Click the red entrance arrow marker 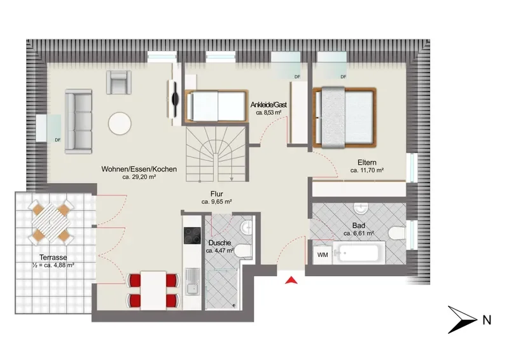(291, 280)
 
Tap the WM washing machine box (323, 255)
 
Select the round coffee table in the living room (120, 123)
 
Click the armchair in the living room (119, 82)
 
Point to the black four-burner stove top (192, 235)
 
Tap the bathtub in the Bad (358, 253)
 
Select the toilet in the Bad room (396, 233)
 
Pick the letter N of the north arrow (487, 320)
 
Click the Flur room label (216, 194)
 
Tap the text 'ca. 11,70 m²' (367, 170)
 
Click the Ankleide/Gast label (268, 105)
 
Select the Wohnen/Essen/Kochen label (139, 169)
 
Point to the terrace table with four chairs (51, 221)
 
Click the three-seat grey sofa (78, 121)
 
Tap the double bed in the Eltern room (344, 118)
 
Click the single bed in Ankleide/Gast (216, 106)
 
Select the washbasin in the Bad (361, 208)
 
